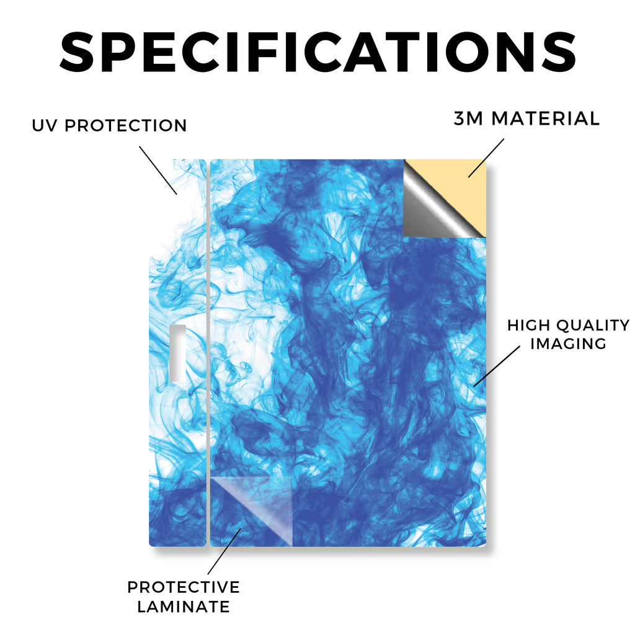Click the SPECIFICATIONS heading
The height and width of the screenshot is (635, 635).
pos(318,52)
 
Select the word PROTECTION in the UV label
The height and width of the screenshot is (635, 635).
pos(125,125)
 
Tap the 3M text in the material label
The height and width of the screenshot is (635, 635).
pos(468,118)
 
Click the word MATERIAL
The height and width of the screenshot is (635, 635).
pos(546,118)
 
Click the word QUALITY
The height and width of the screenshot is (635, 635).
pos(593,325)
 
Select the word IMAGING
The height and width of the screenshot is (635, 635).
pos(568,344)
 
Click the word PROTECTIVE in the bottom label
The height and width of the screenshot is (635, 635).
pos(184,587)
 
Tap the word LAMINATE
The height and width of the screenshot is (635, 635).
pos(184,606)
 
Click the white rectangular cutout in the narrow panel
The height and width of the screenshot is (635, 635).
pos(177,353)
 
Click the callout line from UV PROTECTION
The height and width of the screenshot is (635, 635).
pos(158,171)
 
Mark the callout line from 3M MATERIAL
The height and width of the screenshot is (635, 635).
pos(486,158)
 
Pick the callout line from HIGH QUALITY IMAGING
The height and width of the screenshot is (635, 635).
pos(497,366)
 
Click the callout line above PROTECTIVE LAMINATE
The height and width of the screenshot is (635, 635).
pos(224,551)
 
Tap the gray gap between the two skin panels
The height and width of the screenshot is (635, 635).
pos(208,352)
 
